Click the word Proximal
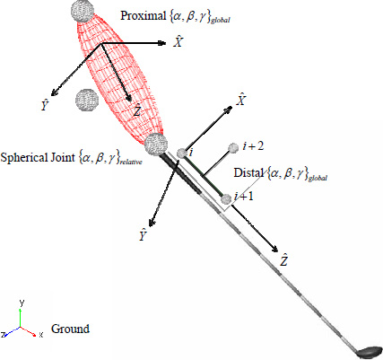pos(143,15)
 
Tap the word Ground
pos(70,329)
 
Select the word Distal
pos(248,172)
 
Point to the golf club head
pos(370,353)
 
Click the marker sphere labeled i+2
pos(233,147)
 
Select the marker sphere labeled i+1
pos(226,198)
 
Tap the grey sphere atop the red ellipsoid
pos(83,11)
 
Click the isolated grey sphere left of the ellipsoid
pos(87,100)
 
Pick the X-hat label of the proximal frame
pos(178,41)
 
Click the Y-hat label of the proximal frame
pos(45,105)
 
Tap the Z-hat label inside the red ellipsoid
pos(137,110)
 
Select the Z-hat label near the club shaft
pos(283,259)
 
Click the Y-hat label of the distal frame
pos(143,235)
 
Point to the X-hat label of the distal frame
pos(240,100)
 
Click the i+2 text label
pos(254,146)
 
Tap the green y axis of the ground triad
pos(20,318)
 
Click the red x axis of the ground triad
pos(28,331)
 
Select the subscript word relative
pos(131,162)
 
